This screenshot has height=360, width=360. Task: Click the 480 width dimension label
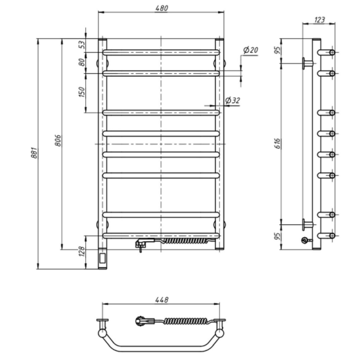pyautogui.click(x=161, y=8)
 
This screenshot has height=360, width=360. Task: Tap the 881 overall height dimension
pyautogui.click(x=34, y=152)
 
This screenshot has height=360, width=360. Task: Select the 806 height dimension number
pyautogui.click(x=58, y=140)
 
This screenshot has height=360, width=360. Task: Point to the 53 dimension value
pyautogui.click(x=82, y=44)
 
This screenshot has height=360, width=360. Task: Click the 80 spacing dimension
pyautogui.click(x=82, y=62)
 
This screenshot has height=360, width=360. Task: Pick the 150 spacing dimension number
pyautogui.click(x=82, y=92)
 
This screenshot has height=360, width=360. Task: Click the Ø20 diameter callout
pyautogui.click(x=250, y=50)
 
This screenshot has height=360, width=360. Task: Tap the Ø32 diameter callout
pyautogui.click(x=232, y=100)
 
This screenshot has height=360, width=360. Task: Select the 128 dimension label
pyautogui.click(x=82, y=251)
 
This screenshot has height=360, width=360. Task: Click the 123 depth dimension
pyautogui.click(x=319, y=20)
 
